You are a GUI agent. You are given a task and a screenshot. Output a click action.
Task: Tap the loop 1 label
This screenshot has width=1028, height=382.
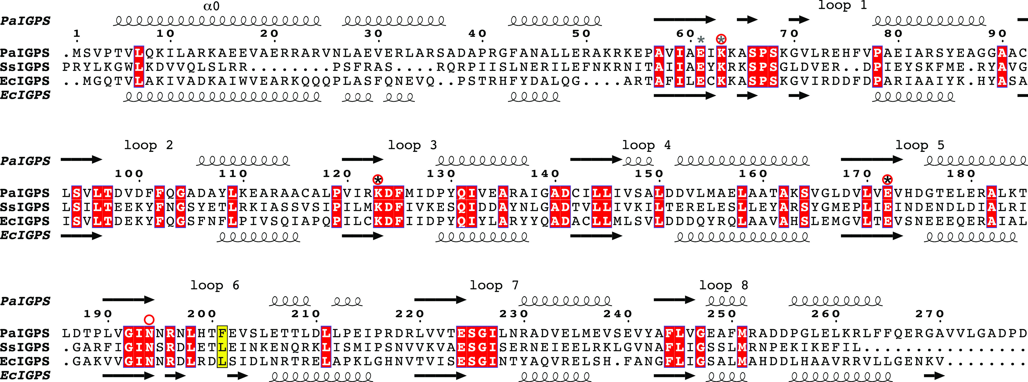coord(842,5)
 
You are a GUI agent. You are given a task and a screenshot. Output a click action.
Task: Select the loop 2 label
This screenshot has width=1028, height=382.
coord(148,145)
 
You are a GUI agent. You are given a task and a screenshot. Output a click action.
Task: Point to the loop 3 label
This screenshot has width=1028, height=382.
coord(412,145)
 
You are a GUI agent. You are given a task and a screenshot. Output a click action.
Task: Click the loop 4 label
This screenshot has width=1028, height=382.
coord(646,145)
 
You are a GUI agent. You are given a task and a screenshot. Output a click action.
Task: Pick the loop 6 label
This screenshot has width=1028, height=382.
coord(215,285)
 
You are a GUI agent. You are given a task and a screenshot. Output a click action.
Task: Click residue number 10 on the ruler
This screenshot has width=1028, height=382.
coord(165,34)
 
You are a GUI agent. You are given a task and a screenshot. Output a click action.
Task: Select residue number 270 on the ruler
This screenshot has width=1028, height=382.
coord(930,314)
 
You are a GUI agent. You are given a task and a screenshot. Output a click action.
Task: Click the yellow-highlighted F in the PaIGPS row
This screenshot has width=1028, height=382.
coord(222,333)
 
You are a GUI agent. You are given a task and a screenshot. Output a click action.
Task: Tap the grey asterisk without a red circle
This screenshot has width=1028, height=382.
coord(701,39)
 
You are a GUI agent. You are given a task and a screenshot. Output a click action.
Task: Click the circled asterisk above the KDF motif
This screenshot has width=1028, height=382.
coord(378,180)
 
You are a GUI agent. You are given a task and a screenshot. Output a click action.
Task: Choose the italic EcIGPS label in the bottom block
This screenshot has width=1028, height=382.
coord(25,375)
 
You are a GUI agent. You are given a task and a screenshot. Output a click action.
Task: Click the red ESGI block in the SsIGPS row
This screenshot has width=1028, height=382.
coord(477,347)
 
